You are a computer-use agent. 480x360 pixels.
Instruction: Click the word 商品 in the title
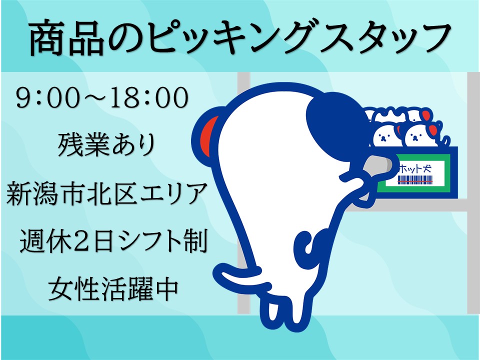coord(66,38)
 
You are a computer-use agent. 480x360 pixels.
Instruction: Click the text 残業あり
coord(106,145)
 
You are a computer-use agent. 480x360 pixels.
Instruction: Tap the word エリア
coord(171,193)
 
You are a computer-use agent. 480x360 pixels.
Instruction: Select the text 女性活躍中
coord(112,288)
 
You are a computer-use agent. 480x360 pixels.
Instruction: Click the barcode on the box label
coord(415,179)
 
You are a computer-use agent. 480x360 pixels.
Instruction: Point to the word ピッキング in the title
coord(231,38)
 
